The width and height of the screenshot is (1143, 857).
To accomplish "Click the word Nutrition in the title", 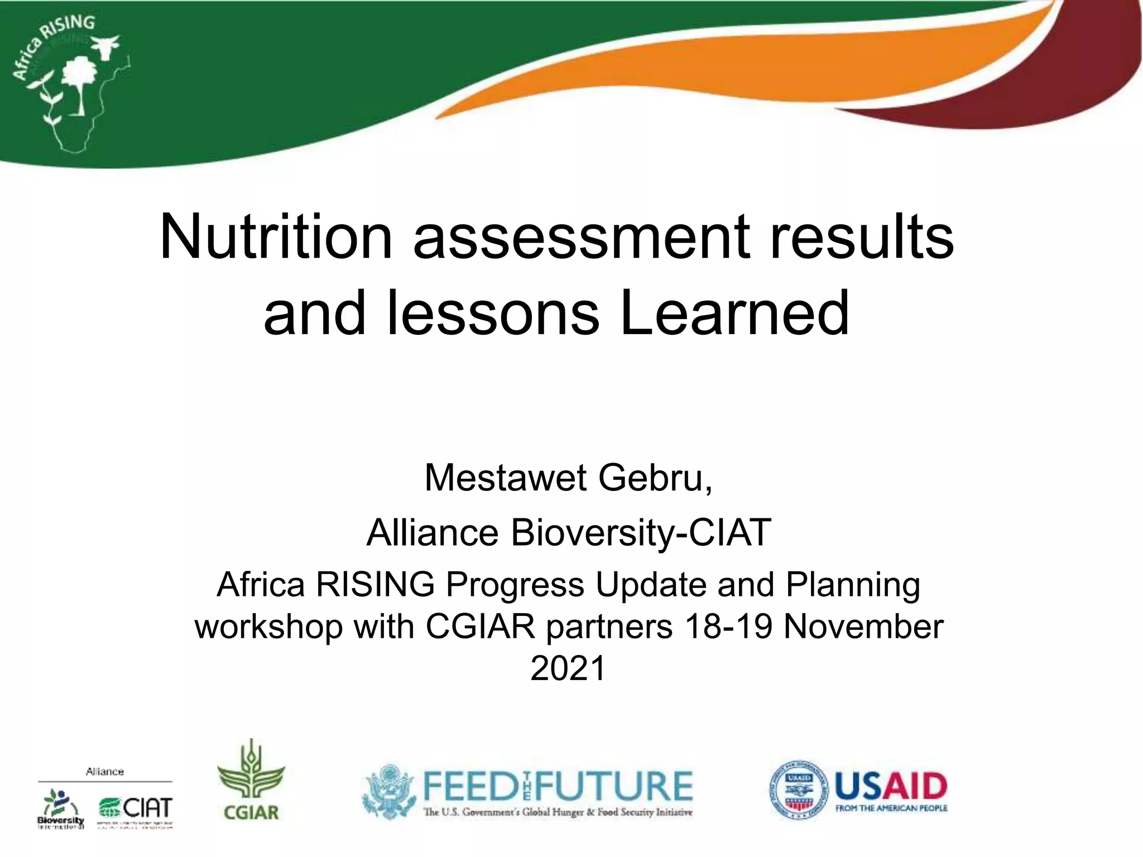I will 276,237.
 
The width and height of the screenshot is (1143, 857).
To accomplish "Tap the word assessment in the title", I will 581,238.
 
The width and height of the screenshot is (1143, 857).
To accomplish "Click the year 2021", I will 568,668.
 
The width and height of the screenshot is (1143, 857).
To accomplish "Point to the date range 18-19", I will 728,626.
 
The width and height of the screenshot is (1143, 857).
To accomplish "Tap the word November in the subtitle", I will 863,626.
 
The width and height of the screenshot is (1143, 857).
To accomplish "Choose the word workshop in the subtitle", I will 268,626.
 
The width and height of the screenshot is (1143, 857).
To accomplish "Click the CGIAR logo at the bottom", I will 251,781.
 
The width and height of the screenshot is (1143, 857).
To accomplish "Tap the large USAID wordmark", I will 891,786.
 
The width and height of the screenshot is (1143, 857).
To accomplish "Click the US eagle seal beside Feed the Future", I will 388,791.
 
